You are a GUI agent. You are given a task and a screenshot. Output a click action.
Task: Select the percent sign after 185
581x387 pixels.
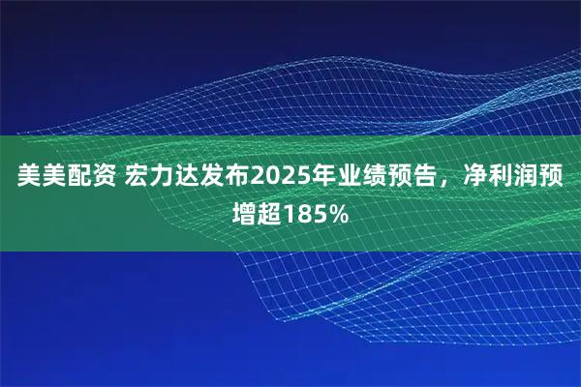(x=340, y=210)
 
